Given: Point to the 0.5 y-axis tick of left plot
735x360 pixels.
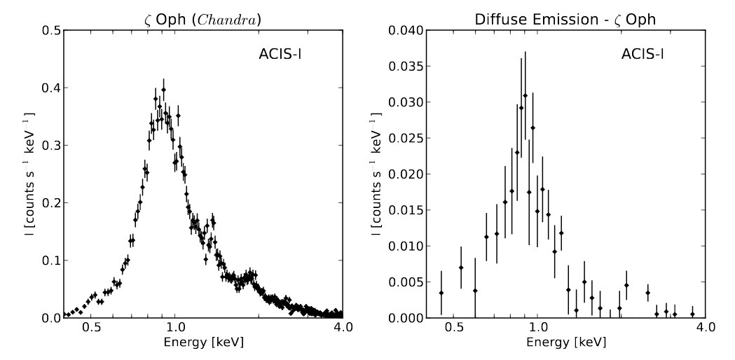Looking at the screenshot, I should click(x=49, y=30).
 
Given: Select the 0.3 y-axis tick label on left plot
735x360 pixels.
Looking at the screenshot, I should click(x=49, y=145).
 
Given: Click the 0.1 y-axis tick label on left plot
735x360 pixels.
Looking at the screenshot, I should click(x=49, y=261).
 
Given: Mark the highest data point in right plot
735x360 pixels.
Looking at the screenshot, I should click(x=525, y=95).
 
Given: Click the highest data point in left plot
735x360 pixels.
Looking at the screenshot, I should click(x=163, y=90).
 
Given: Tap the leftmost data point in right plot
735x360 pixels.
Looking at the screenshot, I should click(x=441, y=293).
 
